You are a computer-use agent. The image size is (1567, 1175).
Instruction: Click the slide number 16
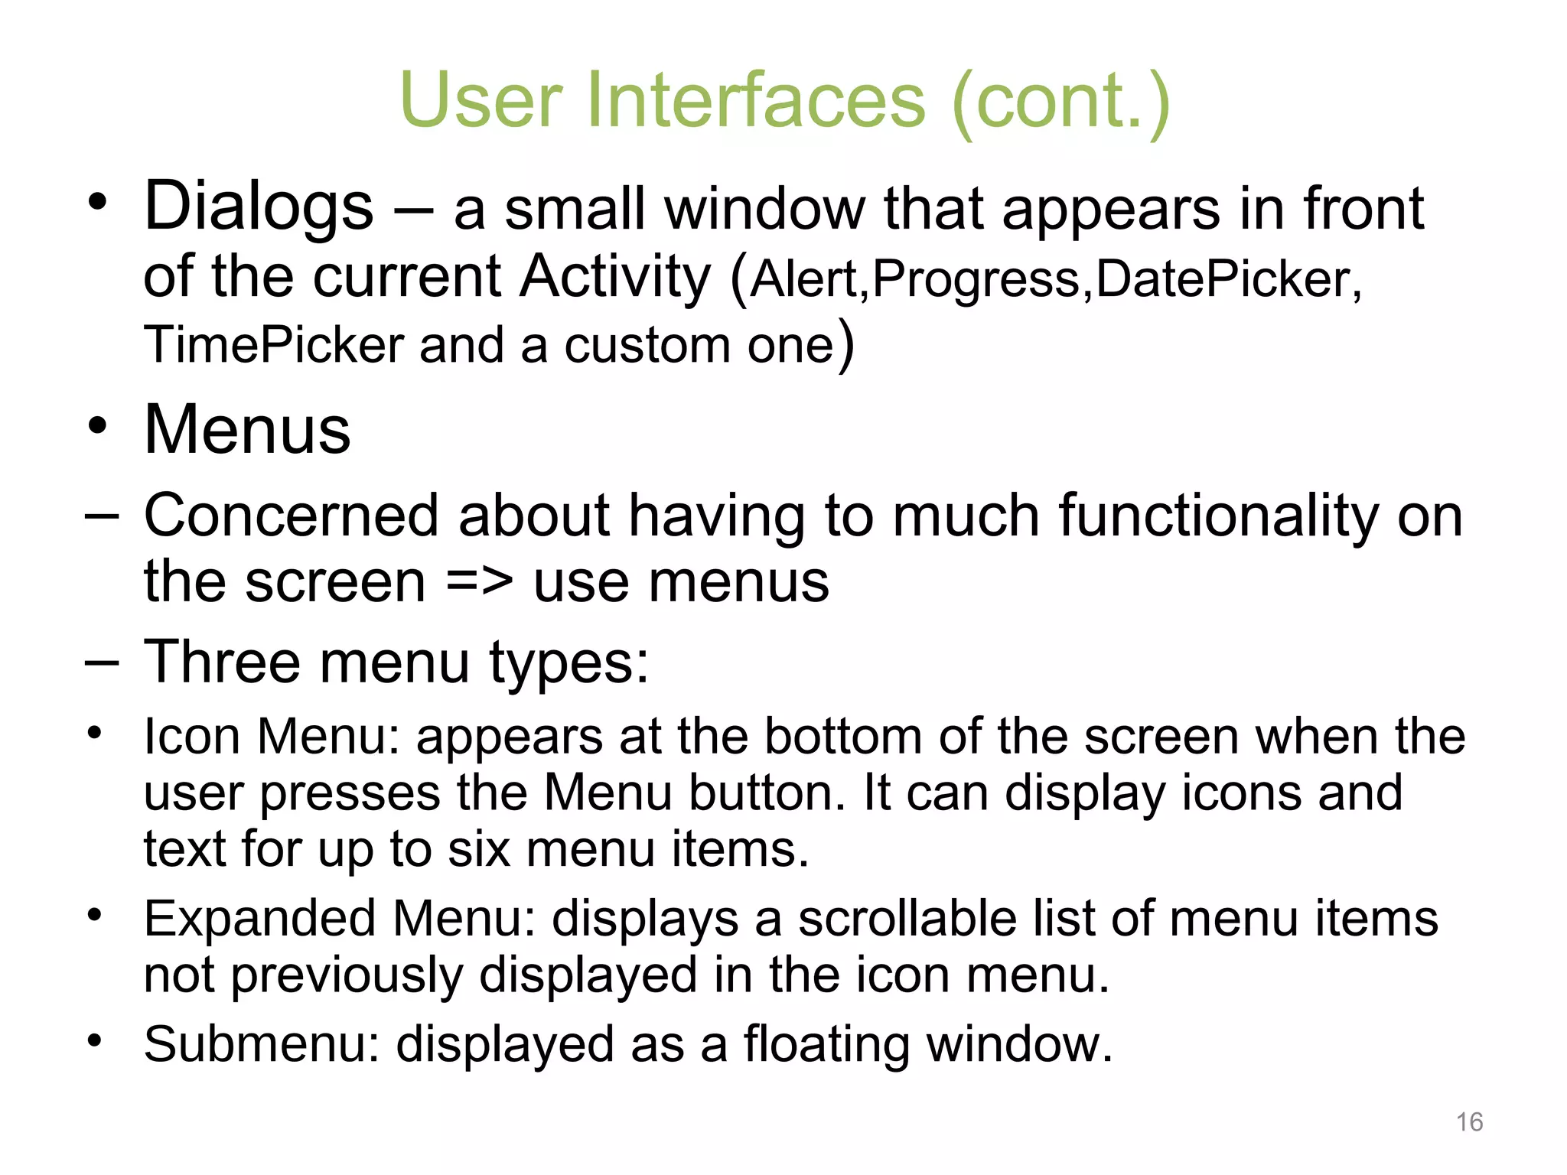[x=1469, y=1121]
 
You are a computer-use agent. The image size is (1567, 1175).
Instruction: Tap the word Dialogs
[x=259, y=207]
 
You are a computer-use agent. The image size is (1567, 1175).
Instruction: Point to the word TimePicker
[x=273, y=345]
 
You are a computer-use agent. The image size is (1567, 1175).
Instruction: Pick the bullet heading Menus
[x=247, y=430]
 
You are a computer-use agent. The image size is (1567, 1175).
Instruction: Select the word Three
[x=222, y=662]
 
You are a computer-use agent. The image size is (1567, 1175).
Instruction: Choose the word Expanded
[x=260, y=919]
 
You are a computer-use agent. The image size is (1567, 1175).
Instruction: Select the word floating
[x=826, y=1044]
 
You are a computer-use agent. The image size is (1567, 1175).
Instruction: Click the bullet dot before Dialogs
[x=96, y=203]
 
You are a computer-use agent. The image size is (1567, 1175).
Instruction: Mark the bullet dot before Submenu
[x=94, y=1040]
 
